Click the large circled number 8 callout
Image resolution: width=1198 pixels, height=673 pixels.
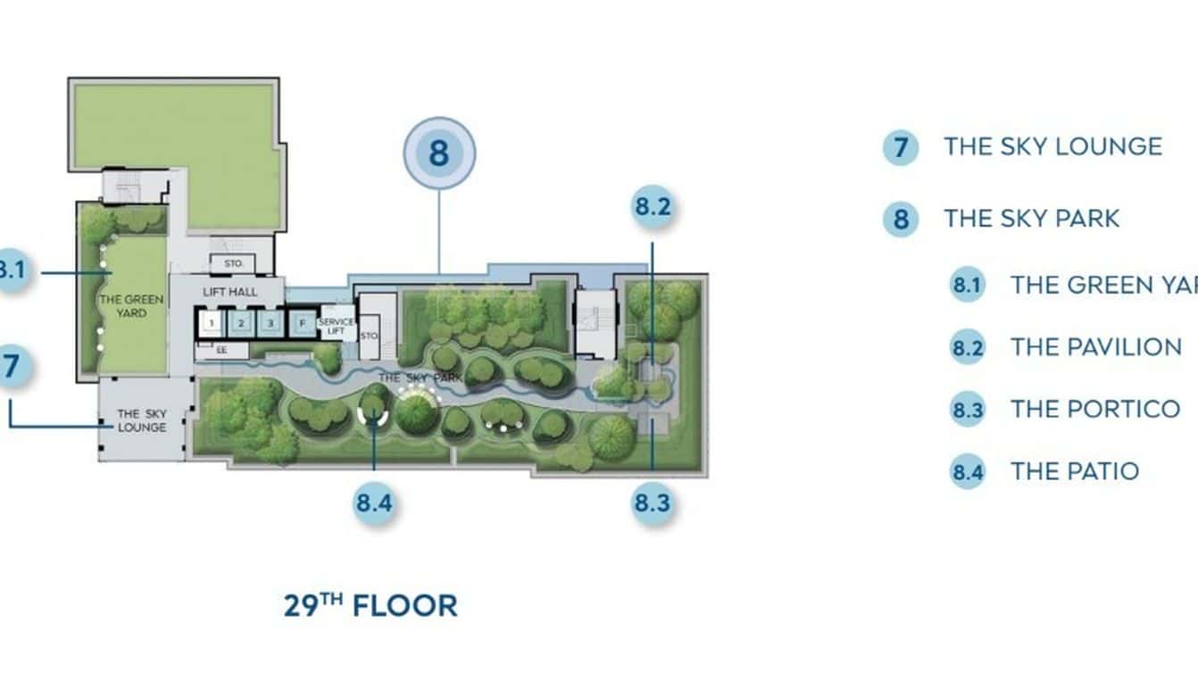[x=438, y=154]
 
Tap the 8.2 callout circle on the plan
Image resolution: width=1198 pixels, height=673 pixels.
[x=653, y=207]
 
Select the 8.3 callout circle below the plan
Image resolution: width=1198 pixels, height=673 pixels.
[x=652, y=503]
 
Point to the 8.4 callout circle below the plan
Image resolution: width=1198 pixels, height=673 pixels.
[x=374, y=503]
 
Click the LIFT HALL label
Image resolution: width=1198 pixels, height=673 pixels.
[x=230, y=292]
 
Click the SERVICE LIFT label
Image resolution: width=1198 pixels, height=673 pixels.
[x=336, y=327]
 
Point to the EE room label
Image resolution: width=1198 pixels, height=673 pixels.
[x=220, y=351]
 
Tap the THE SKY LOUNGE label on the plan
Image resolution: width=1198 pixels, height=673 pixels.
[x=142, y=420]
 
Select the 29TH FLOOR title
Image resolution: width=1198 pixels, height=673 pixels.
[x=370, y=605]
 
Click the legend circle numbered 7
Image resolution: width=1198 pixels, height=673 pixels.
[x=900, y=147]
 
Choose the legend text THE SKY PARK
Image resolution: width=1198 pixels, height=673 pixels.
[x=1031, y=219]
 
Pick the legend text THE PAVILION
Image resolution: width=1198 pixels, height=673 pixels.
[x=1095, y=346]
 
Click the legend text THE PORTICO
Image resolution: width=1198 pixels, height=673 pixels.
[x=1094, y=409]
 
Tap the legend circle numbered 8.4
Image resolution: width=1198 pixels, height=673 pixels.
[x=967, y=472]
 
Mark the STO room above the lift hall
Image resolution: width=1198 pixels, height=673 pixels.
[x=232, y=263]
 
